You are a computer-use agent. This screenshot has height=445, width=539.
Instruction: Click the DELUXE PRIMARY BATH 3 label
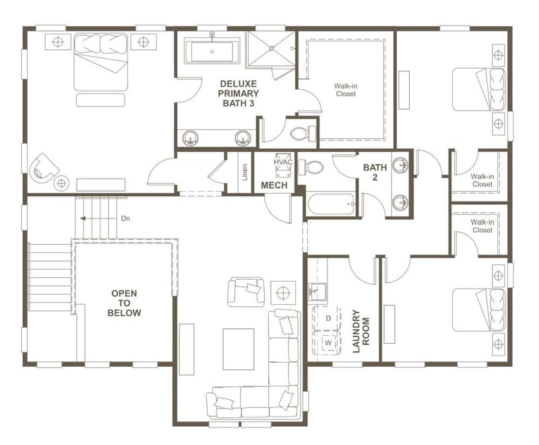pyautogui.click(x=239, y=93)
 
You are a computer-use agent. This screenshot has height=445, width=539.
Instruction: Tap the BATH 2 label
pyautogui.click(x=375, y=172)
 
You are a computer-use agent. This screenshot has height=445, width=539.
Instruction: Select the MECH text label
pyautogui.click(x=274, y=185)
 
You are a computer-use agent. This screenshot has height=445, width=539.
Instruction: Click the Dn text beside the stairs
pyautogui.click(x=125, y=218)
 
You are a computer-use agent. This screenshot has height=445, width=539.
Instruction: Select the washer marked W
pyautogui.click(x=328, y=343)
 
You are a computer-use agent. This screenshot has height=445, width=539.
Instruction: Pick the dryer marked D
pyautogui.click(x=328, y=318)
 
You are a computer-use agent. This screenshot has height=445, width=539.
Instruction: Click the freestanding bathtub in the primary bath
pyautogui.click(x=212, y=51)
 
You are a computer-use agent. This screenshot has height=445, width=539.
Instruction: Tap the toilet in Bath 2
pyautogui.click(x=311, y=167)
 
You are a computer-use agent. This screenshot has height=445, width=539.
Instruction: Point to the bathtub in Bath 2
pyautogui.click(x=331, y=203)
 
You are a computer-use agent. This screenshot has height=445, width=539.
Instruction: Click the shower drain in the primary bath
pyautogui.click(x=272, y=48)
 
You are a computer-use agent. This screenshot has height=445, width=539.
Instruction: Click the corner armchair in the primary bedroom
pyautogui.click(x=44, y=166)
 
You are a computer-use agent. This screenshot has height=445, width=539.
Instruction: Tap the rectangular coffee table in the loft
pyautogui.click(x=239, y=349)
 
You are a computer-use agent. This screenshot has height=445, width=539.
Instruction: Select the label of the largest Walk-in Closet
pyautogui.click(x=346, y=90)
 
